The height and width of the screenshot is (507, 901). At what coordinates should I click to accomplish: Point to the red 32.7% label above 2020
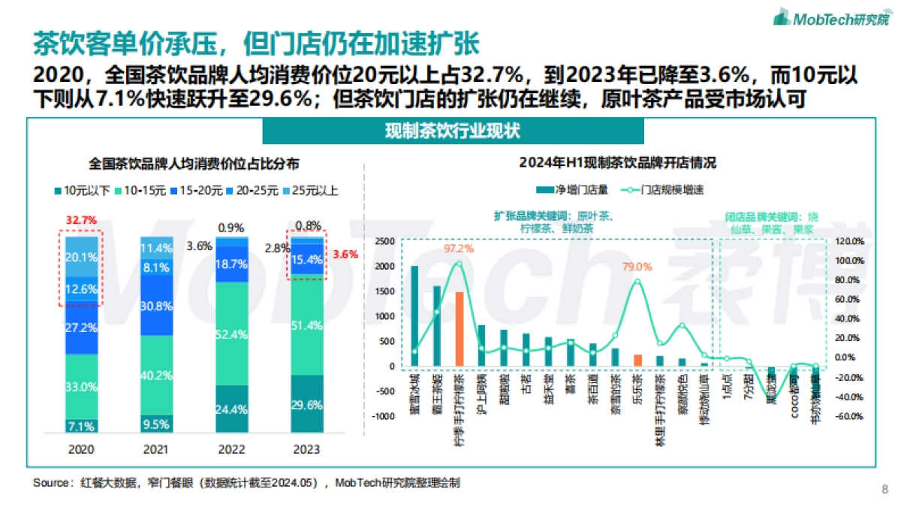tap(81, 220)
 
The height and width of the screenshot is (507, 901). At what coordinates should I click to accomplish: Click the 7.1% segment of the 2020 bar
tap(81, 426)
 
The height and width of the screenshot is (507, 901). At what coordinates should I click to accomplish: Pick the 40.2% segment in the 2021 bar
tap(157, 375)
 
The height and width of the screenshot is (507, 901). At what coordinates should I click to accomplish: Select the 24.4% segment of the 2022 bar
tap(232, 409)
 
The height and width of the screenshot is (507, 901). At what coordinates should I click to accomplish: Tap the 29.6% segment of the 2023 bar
tap(307, 404)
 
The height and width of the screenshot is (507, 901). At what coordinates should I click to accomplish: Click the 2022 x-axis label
tap(232, 449)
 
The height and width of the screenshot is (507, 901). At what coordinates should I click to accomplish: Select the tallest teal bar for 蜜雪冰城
tap(414, 315)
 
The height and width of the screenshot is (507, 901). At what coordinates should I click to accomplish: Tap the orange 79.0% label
tap(637, 266)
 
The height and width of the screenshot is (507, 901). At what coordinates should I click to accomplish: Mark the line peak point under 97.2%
tap(460, 264)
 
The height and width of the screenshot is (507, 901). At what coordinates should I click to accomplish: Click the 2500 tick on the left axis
tap(384, 241)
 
